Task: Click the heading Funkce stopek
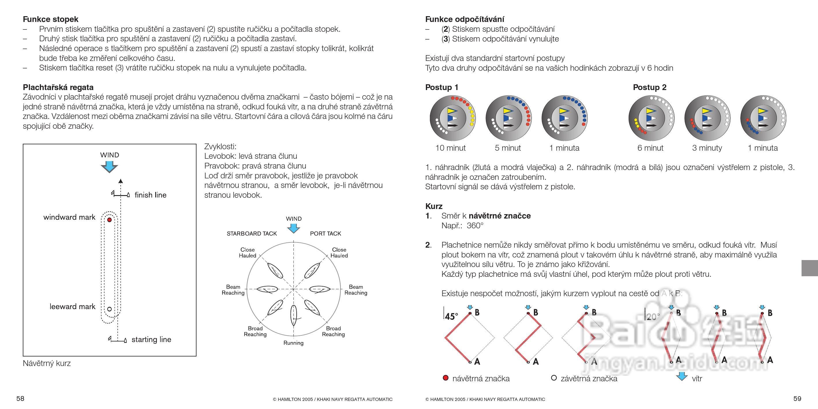[x=50, y=19]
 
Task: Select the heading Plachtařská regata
[x=58, y=87]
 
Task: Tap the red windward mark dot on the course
[x=110, y=220]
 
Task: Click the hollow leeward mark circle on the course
[x=110, y=309]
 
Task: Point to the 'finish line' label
[x=150, y=195]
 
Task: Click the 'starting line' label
[x=151, y=339]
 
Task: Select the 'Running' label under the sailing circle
[x=293, y=343]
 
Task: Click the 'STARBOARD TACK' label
[x=252, y=234]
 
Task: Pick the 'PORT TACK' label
[x=325, y=234]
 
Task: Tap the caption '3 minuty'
[x=707, y=148]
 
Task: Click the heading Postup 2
[x=650, y=87]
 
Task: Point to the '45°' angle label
[x=452, y=316]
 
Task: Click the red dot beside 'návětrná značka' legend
[x=445, y=378]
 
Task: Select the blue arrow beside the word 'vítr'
[x=682, y=377]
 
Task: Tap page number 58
[x=20, y=399]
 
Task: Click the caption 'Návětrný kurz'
[x=47, y=363]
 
